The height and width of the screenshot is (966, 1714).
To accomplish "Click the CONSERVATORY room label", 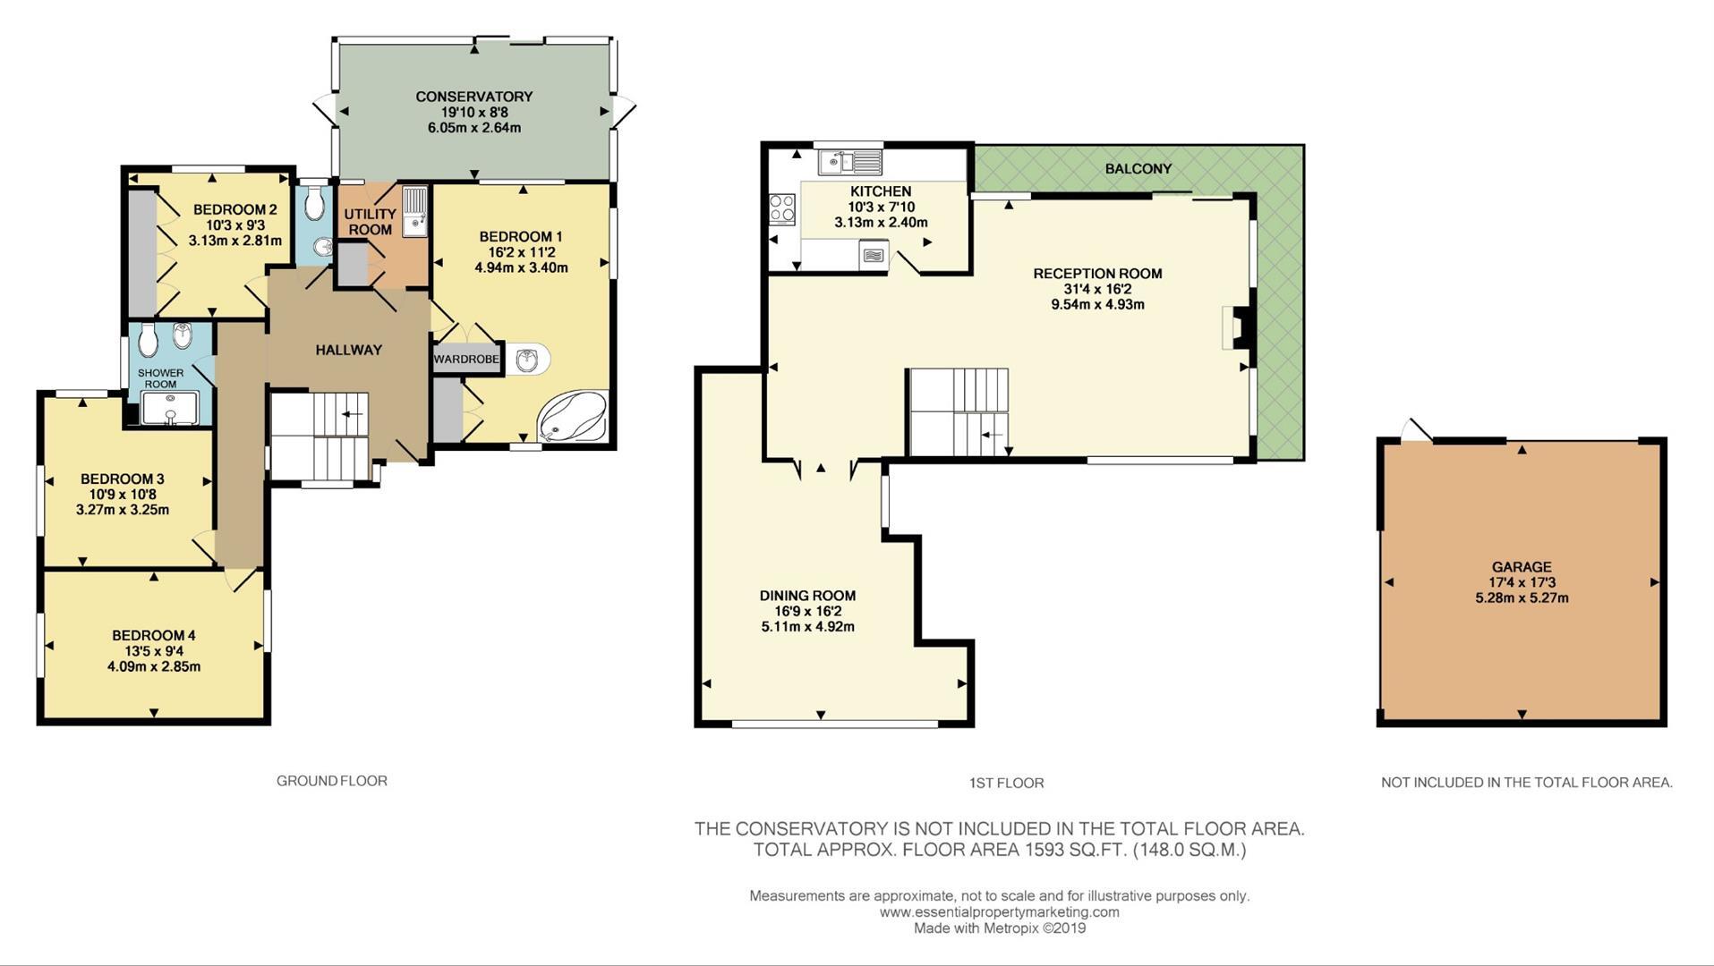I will [473, 97].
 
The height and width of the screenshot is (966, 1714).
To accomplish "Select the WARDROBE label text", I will [465, 360].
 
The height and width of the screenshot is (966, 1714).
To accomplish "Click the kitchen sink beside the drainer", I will [833, 163].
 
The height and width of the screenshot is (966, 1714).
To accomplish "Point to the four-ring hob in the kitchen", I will [781, 208].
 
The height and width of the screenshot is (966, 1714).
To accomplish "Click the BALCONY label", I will [1138, 169].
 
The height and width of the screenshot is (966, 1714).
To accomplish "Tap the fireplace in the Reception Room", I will [1233, 327].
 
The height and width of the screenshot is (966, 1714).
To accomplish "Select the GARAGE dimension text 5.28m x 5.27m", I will [1521, 598].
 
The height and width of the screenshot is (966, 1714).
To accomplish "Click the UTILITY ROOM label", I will [370, 222].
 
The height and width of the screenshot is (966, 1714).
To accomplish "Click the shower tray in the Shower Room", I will [169, 408].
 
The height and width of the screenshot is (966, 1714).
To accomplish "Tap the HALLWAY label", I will [348, 351].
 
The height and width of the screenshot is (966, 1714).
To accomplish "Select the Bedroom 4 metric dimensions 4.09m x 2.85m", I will [153, 666].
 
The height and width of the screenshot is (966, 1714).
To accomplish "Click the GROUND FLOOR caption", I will [331, 781].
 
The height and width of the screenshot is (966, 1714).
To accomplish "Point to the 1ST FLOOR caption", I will [1006, 784].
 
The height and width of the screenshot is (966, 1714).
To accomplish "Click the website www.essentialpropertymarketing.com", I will [999, 912].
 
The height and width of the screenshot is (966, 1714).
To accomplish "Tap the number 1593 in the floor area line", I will [1045, 850].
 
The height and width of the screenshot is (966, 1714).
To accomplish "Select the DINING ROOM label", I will [807, 596].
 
